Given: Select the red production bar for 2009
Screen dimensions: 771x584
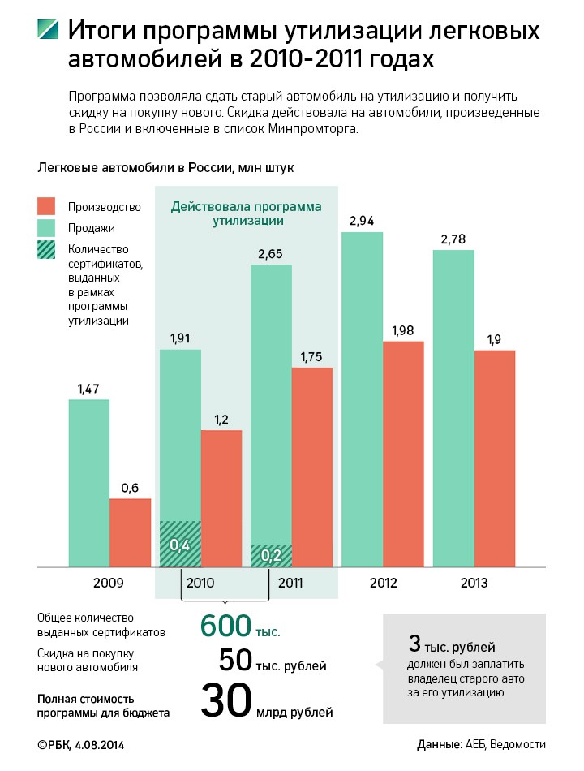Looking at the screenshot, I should pos(130,532).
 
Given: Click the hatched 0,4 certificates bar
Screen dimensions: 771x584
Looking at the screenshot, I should pos(180,543).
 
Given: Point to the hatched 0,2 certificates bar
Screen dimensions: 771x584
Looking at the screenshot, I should pos(271,555).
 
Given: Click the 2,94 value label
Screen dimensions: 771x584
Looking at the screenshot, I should pos(362,221).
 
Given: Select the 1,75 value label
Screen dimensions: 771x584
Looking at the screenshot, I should pos(312,355).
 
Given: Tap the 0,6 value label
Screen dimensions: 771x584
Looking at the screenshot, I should pos(130,487).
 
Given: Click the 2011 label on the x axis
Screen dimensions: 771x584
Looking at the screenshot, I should pos(290,582).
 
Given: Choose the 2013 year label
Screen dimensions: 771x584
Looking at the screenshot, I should pos(474,582).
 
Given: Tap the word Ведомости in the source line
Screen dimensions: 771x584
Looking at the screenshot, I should pos(519,744).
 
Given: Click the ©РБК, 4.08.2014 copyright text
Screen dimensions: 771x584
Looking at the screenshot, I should pos(81,744).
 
